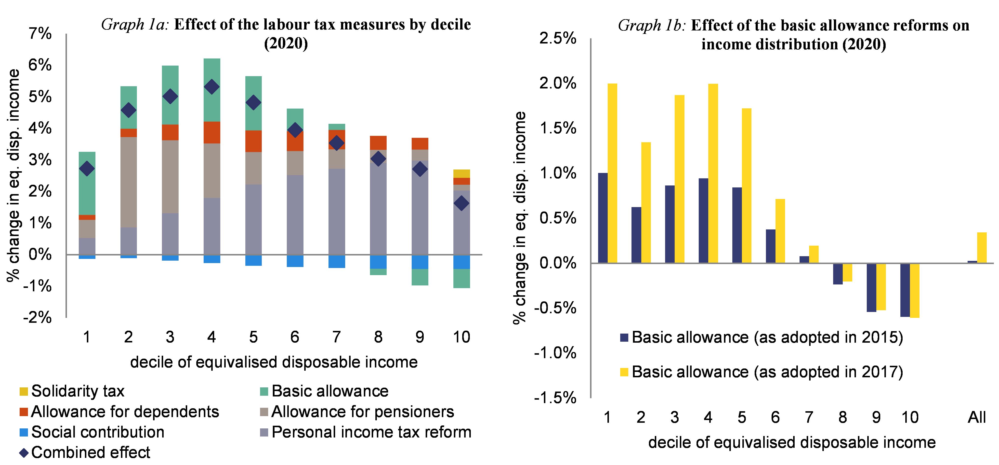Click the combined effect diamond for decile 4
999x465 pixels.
click(211, 87)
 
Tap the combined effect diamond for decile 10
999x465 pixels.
click(461, 203)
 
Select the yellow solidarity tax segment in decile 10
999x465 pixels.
click(461, 173)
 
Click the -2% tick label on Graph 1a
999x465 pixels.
click(37, 318)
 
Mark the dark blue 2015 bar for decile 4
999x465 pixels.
click(703, 221)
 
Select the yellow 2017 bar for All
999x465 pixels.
click(982, 248)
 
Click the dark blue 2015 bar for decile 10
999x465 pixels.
click(905, 290)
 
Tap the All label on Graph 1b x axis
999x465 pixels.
click(976, 418)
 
